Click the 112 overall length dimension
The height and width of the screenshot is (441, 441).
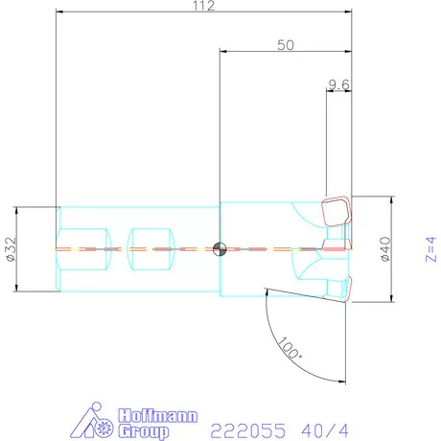[x=203, y=6]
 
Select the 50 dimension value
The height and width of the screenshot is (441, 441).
[x=286, y=45]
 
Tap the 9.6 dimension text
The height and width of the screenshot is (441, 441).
[x=338, y=84]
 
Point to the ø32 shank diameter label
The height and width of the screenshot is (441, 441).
[x=11, y=249]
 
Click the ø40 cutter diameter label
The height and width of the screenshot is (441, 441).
[x=385, y=249]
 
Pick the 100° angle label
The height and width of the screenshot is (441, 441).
[x=289, y=348]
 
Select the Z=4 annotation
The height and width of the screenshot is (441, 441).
[x=430, y=249]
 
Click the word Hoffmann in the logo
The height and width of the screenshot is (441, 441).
[x=158, y=416]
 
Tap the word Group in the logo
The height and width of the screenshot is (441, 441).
[x=144, y=431]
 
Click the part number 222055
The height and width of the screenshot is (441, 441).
[x=248, y=430]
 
